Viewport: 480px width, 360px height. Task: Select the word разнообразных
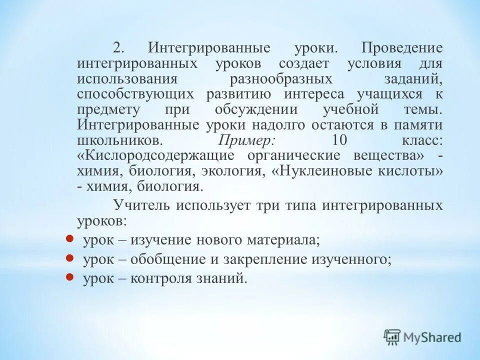pyautogui.click(x=281, y=79)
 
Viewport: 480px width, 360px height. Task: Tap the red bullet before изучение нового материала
pyautogui.click(x=70, y=238)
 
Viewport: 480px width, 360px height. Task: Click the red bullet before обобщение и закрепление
pyautogui.click(x=70, y=257)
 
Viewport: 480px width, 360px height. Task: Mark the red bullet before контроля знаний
pyautogui.click(x=70, y=276)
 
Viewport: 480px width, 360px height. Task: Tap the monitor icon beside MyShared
pyautogui.click(x=393, y=337)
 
